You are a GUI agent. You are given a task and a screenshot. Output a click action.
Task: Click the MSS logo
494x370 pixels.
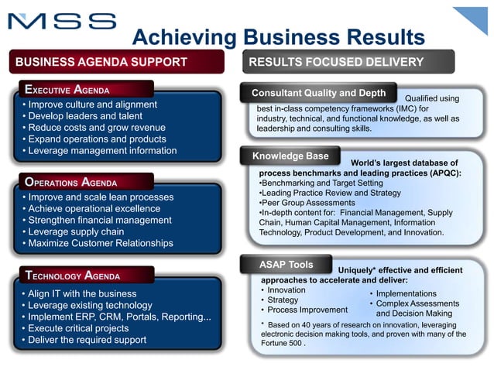63,21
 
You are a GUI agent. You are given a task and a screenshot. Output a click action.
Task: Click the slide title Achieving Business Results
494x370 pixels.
278,37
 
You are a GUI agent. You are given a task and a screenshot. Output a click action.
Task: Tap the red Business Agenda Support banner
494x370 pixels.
116,62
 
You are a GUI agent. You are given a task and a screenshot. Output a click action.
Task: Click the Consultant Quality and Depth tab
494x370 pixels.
318,93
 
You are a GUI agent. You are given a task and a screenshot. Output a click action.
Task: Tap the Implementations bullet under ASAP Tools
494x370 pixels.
406,294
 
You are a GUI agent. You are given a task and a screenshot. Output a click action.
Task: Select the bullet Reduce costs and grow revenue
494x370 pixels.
96,128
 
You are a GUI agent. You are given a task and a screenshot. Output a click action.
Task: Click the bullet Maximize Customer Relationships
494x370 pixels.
100,243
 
